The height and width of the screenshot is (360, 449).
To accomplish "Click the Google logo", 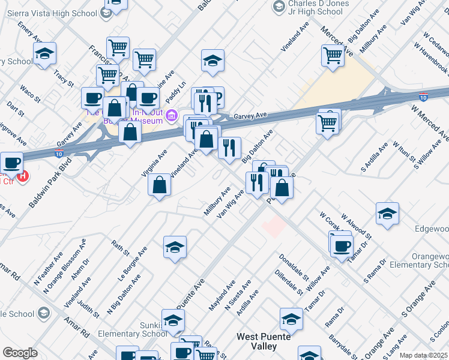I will (20, 353).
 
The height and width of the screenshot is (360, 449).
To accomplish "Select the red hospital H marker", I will (23, 176).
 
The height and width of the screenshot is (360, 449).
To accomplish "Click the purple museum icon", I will (172, 115).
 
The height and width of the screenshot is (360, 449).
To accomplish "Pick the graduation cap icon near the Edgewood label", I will (388, 214).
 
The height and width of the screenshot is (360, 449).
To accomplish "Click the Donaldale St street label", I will (293, 267).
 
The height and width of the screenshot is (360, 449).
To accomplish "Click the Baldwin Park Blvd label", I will (50, 182).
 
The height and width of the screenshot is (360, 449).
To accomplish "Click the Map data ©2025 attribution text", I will (423, 355).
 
